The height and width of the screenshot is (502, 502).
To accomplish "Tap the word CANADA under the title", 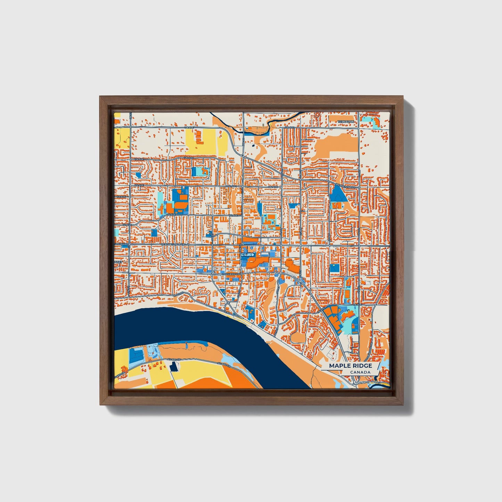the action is (360, 372).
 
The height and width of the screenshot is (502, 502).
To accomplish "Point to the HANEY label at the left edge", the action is (118, 262).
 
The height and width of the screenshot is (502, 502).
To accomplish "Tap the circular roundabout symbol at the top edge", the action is (317, 114).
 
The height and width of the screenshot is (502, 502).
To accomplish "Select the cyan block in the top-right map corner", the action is (366, 119).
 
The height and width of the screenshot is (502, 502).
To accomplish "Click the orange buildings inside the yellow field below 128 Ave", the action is (199, 137).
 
